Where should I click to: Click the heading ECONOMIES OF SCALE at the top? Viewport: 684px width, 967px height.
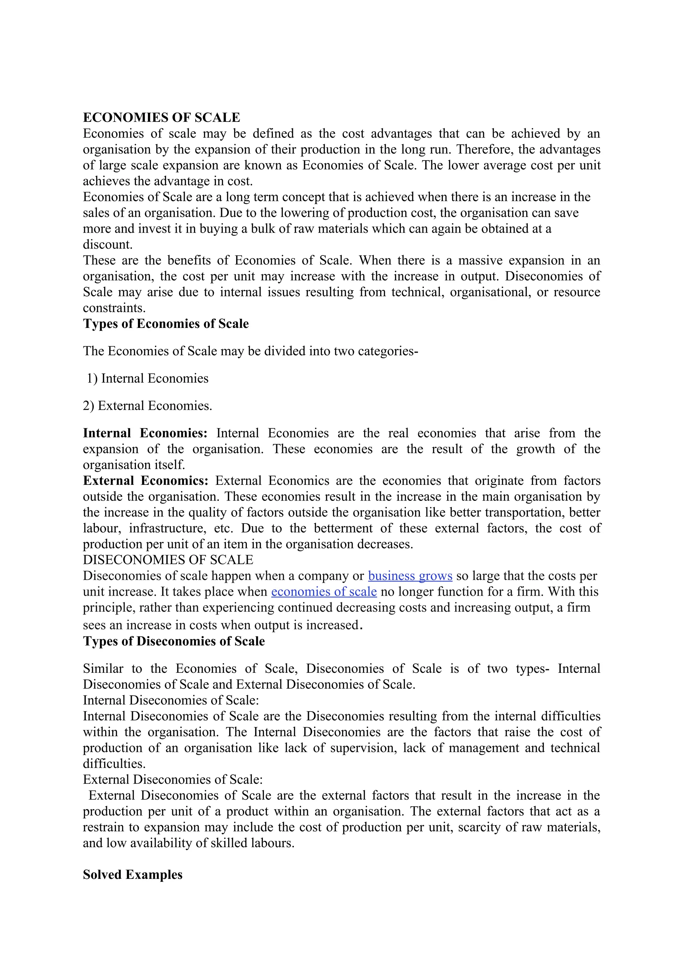click(161, 118)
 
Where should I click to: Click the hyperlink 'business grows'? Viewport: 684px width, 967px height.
click(410, 576)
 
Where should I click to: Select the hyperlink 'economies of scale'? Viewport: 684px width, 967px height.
click(324, 592)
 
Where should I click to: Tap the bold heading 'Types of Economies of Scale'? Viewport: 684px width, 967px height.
click(166, 324)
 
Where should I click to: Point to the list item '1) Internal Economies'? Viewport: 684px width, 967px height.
click(147, 378)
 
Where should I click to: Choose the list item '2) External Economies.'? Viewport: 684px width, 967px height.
click(147, 406)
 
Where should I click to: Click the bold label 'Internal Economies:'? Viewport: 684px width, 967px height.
click(145, 433)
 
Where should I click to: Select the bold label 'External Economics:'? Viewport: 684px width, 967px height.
click(145, 480)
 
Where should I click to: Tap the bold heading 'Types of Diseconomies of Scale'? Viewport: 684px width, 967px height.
click(174, 641)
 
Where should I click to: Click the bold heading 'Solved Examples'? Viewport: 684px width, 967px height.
click(132, 875)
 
